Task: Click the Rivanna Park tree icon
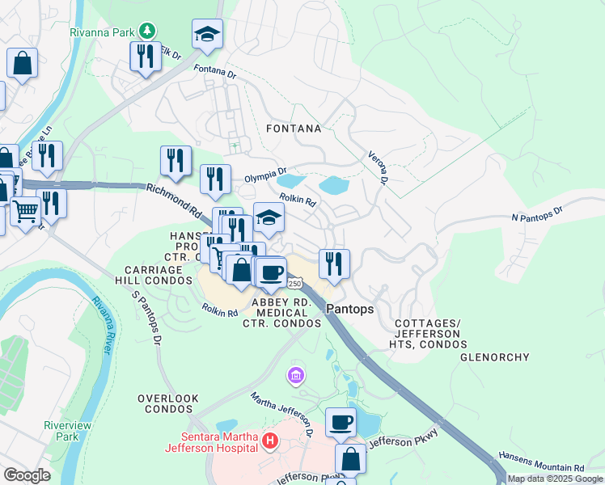pos(146,31)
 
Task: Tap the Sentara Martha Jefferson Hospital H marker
pos(271,441)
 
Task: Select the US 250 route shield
pos(294,283)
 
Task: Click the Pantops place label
pos(349,309)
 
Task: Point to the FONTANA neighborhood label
pos(294,129)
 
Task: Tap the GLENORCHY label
pos(494,356)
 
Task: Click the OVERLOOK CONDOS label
pos(168,403)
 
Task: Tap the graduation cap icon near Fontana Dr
pos(207,34)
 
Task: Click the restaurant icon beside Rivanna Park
pos(146,57)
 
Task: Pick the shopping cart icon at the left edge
pos(25,212)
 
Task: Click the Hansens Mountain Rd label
pos(540,467)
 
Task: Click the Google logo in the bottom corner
pos(27,475)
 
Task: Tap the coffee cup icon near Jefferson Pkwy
pos(341,421)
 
